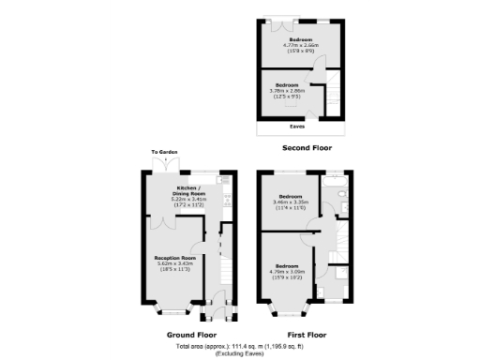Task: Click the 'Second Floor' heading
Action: click(307, 148)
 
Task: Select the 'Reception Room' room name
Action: click(175, 257)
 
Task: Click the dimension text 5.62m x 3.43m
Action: click(175, 263)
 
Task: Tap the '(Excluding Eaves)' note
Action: click(240, 353)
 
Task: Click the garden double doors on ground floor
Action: click(163, 162)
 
